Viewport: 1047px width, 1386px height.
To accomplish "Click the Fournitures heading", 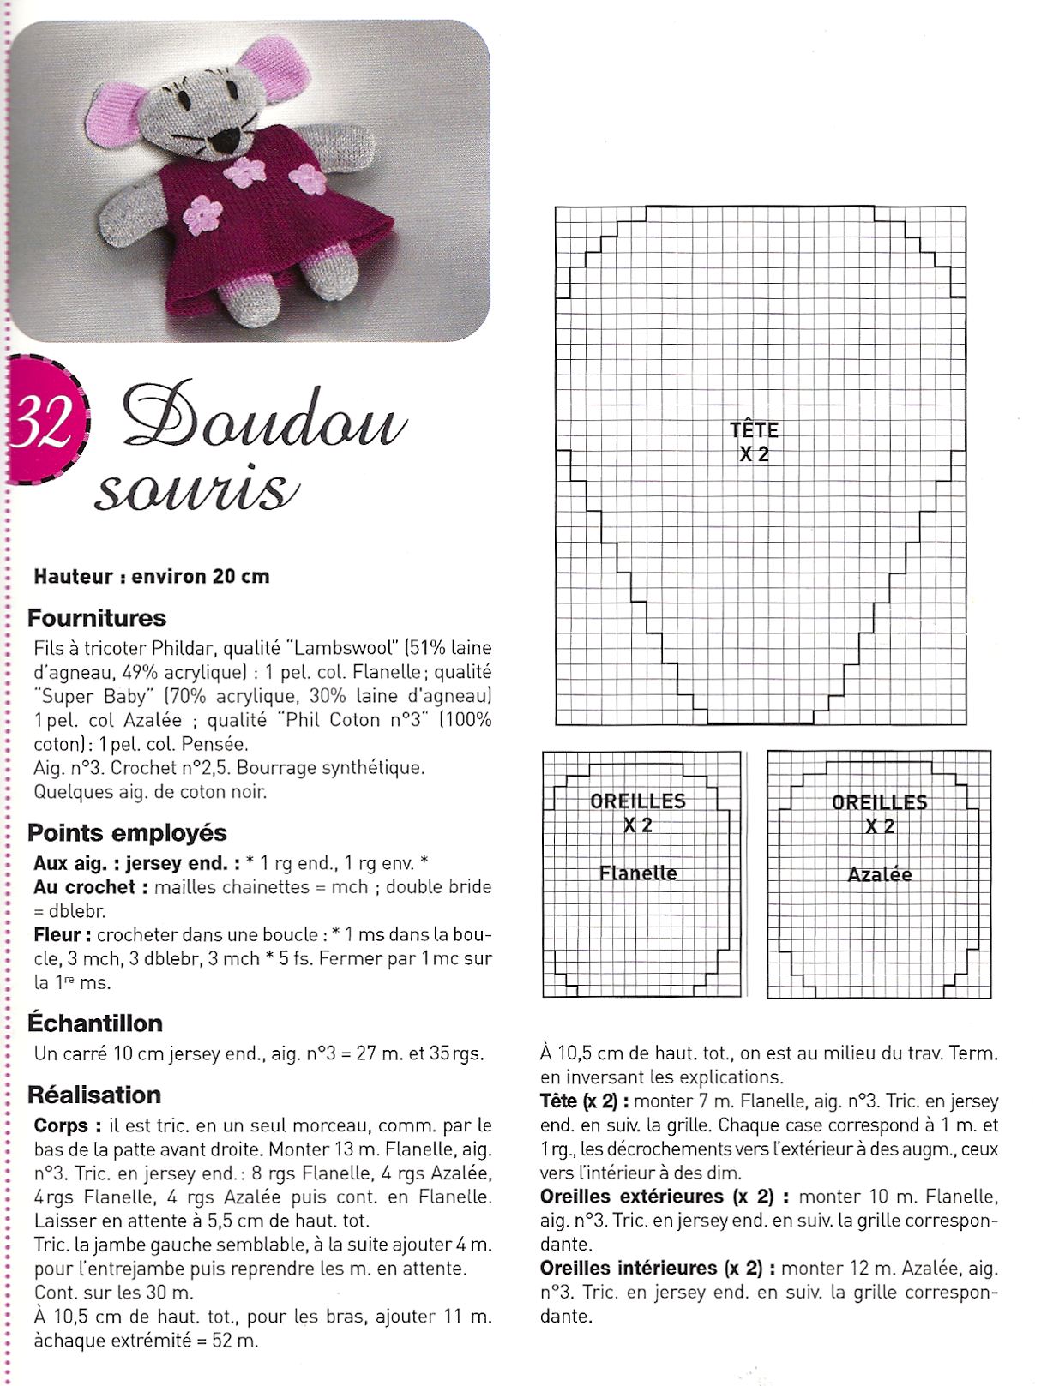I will click(97, 618).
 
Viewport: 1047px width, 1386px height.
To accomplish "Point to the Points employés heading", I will click(127, 832).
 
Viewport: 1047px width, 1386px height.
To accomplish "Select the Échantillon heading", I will click(95, 1023).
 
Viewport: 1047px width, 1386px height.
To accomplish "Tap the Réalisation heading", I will click(94, 1095).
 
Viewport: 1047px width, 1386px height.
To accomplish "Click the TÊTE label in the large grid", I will click(754, 429).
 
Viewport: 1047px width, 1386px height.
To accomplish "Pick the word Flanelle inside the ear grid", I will click(638, 873).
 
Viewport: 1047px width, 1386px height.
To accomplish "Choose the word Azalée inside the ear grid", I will click(880, 875).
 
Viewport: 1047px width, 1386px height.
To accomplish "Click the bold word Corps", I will click(61, 1125).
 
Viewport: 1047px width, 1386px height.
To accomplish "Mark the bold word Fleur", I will click(57, 934).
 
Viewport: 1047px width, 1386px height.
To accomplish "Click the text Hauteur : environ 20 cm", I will click(152, 576).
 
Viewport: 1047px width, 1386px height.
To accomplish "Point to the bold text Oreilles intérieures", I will click(629, 1268).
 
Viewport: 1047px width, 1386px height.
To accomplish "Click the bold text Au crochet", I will click(84, 887).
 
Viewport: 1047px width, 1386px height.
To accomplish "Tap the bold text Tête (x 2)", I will click(579, 1101).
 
